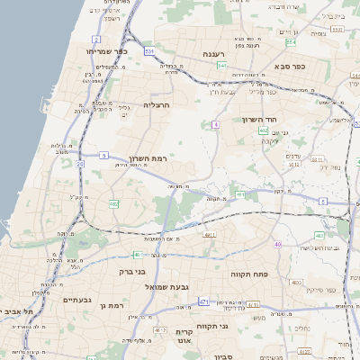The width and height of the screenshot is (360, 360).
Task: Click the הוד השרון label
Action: tap(263, 119)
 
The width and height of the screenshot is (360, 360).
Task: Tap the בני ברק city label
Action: tap(132, 271)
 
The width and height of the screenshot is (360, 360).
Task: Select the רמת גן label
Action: tap(111, 306)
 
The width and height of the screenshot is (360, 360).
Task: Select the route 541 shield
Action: tap(221, 65)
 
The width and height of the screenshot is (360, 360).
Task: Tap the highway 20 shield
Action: tap(80, 164)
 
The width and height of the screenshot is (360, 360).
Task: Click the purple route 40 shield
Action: tap(277, 245)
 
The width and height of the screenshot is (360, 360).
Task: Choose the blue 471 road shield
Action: tap(204, 301)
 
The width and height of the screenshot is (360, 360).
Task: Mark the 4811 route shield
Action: tap(211, 234)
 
